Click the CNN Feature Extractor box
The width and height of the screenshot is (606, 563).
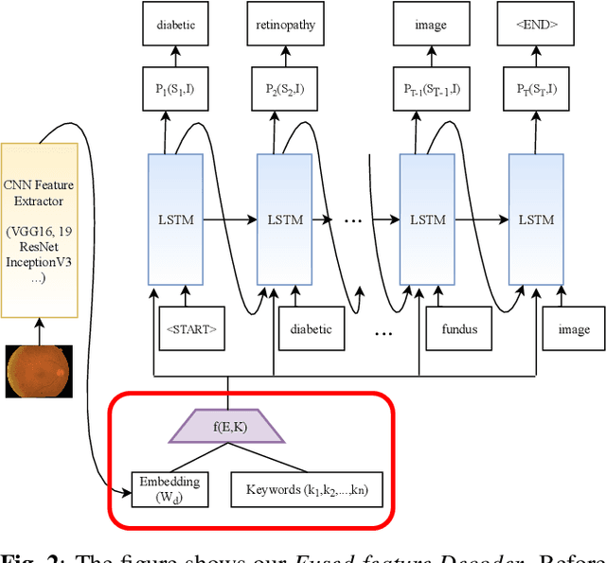40,228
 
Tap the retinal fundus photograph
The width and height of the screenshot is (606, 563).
39,370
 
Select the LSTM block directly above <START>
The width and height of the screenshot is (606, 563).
176,220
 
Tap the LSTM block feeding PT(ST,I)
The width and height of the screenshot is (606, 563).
536,220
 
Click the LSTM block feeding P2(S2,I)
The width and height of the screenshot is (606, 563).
285,220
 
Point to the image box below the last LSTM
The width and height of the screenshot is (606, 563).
573,328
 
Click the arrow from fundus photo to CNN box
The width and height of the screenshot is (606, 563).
40,331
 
